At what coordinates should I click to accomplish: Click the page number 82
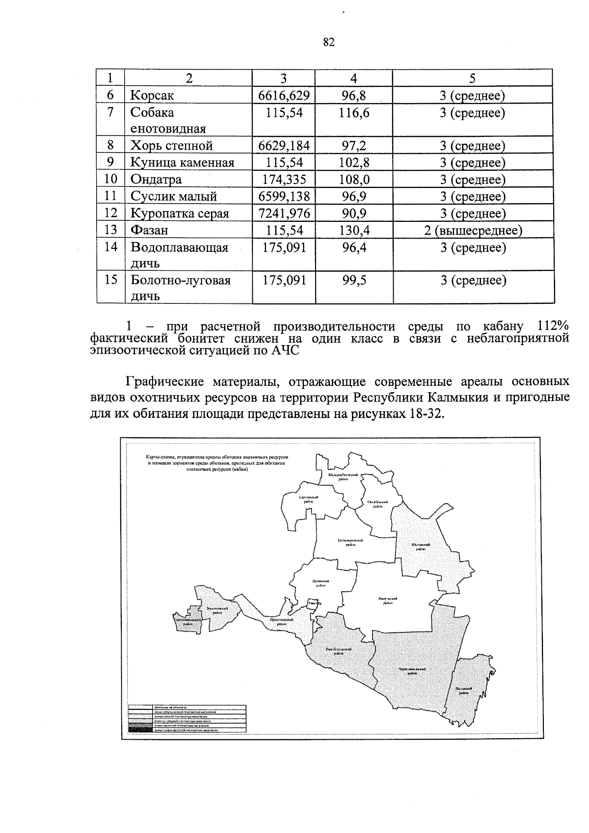[x=329, y=43]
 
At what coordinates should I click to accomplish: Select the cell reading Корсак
[x=152, y=95]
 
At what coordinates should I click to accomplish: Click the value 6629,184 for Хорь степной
[x=284, y=146]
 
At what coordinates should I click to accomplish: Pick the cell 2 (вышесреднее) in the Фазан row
[x=473, y=230]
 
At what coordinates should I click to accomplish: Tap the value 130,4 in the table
[x=354, y=230]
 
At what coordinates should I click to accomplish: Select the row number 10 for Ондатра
[x=110, y=179]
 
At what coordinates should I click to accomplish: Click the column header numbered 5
[x=472, y=78]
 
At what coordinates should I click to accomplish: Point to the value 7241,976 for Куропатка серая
[x=284, y=213]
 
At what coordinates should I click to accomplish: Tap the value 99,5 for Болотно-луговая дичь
[x=354, y=280]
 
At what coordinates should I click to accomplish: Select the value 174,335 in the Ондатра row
[x=284, y=179]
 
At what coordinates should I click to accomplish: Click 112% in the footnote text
[x=553, y=326]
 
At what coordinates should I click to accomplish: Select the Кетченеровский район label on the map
[x=350, y=542]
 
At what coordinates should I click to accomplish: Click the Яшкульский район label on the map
[x=388, y=600]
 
